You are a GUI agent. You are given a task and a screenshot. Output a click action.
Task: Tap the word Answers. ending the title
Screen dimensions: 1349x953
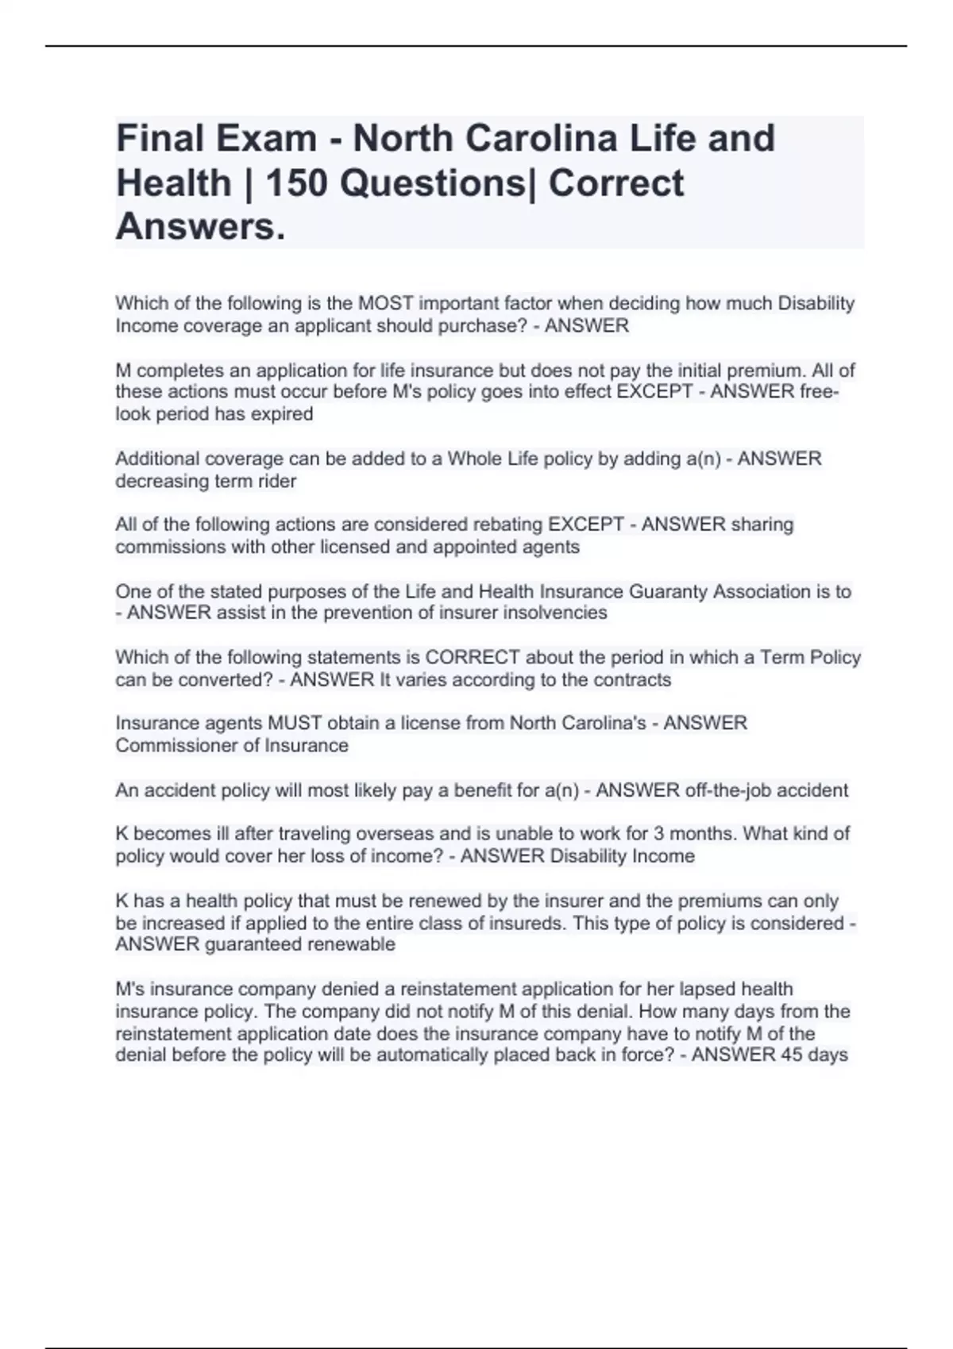click(200, 227)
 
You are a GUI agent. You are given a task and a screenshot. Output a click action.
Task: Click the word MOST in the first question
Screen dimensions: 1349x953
click(386, 303)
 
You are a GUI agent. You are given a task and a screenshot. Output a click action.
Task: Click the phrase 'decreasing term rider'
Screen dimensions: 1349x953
click(206, 481)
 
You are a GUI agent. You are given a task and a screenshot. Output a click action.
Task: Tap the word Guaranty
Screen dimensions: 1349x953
click(666, 591)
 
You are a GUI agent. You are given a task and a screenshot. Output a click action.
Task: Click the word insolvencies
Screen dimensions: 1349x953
click(549, 613)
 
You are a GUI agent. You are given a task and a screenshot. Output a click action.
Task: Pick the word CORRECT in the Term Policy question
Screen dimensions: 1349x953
click(473, 657)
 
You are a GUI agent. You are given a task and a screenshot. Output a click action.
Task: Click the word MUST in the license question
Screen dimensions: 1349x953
click(295, 723)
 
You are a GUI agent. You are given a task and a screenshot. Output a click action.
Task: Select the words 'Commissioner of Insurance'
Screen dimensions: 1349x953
click(232, 745)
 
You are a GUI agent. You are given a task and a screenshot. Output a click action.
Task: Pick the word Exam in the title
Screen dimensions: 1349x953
click(264, 138)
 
